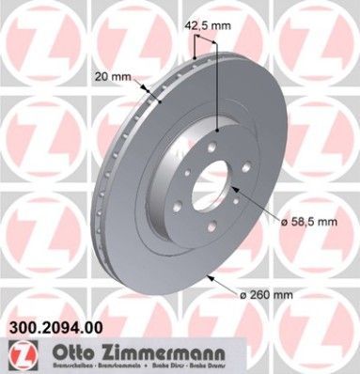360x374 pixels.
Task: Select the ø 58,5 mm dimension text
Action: (311, 221)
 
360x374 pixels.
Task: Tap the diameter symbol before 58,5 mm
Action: (281, 221)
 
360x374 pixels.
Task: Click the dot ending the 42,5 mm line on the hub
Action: (218, 130)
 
